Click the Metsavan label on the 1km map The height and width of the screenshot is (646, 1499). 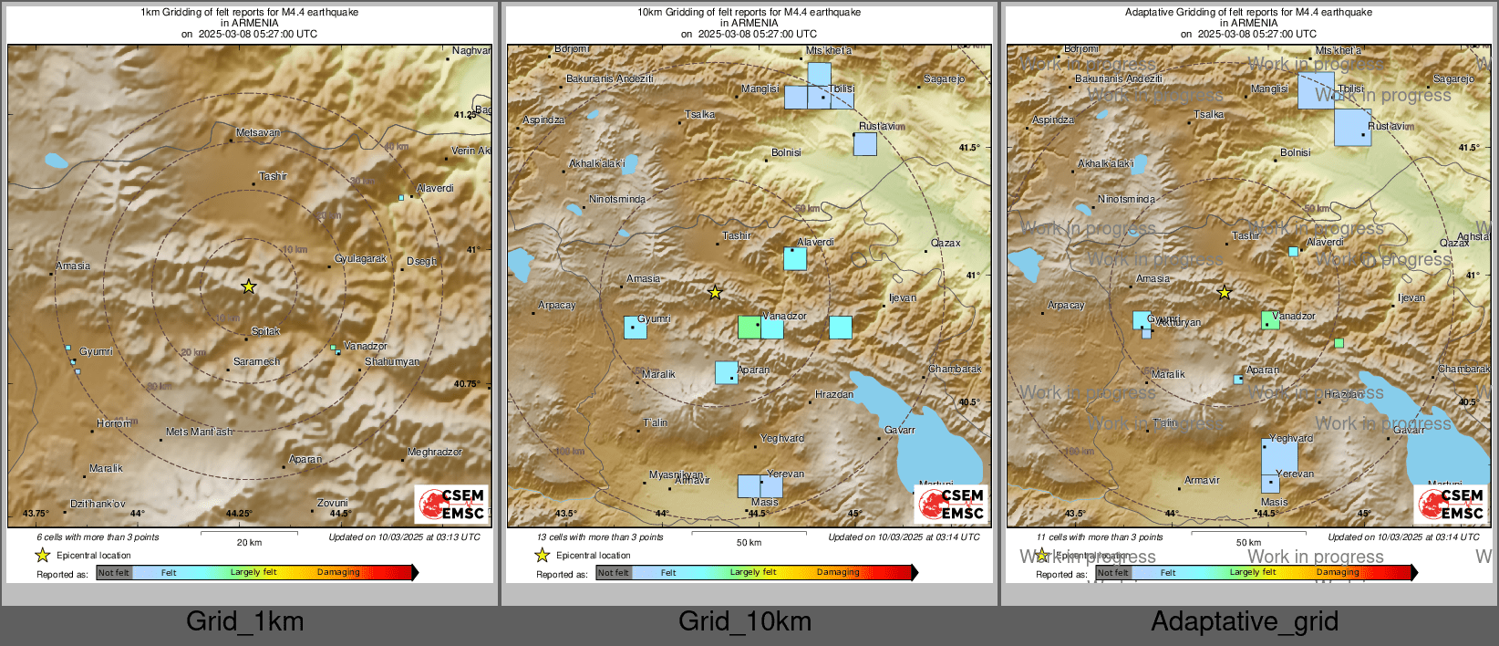click(258, 133)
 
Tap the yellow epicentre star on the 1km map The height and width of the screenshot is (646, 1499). click(248, 287)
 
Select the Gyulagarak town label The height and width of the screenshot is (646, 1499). click(360, 259)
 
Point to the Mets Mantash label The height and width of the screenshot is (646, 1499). click(199, 432)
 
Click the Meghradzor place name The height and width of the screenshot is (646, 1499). click(434, 453)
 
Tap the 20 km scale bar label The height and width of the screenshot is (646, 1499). click(249, 543)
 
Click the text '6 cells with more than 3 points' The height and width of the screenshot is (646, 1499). click(98, 537)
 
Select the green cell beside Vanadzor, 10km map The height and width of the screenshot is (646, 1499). click(749, 327)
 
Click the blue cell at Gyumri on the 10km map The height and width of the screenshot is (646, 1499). click(635, 328)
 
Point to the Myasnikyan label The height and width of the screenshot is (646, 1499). click(676, 474)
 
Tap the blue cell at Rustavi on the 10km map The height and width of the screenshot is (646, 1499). click(865, 144)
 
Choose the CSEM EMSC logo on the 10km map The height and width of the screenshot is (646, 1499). click(951, 505)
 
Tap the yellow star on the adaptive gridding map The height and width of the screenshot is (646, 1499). click(1224, 293)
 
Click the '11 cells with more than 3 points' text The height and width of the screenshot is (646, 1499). click(1100, 537)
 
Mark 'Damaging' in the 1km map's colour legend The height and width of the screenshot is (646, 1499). click(338, 573)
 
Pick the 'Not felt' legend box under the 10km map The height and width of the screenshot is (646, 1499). click(614, 573)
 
